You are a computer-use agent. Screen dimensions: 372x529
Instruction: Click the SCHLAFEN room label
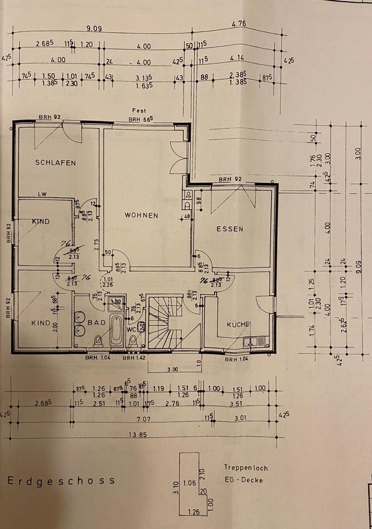pyautogui.click(x=56, y=163)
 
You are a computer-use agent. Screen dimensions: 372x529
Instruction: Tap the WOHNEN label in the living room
pyautogui.click(x=142, y=215)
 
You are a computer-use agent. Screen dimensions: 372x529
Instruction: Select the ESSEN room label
pyautogui.click(x=230, y=229)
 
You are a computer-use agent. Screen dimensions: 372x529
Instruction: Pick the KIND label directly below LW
pyautogui.click(x=41, y=222)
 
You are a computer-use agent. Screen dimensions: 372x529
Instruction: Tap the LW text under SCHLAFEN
pyautogui.click(x=42, y=194)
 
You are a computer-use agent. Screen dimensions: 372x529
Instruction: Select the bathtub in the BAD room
pyautogui.click(x=117, y=330)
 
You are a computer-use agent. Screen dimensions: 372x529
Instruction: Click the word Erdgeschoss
pyautogui.click(x=61, y=481)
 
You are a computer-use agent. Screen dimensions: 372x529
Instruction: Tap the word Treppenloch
pyautogui.click(x=246, y=468)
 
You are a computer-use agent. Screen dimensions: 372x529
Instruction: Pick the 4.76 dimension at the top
pyautogui.click(x=239, y=24)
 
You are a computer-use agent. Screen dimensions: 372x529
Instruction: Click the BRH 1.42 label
pyautogui.click(x=134, y=358)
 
